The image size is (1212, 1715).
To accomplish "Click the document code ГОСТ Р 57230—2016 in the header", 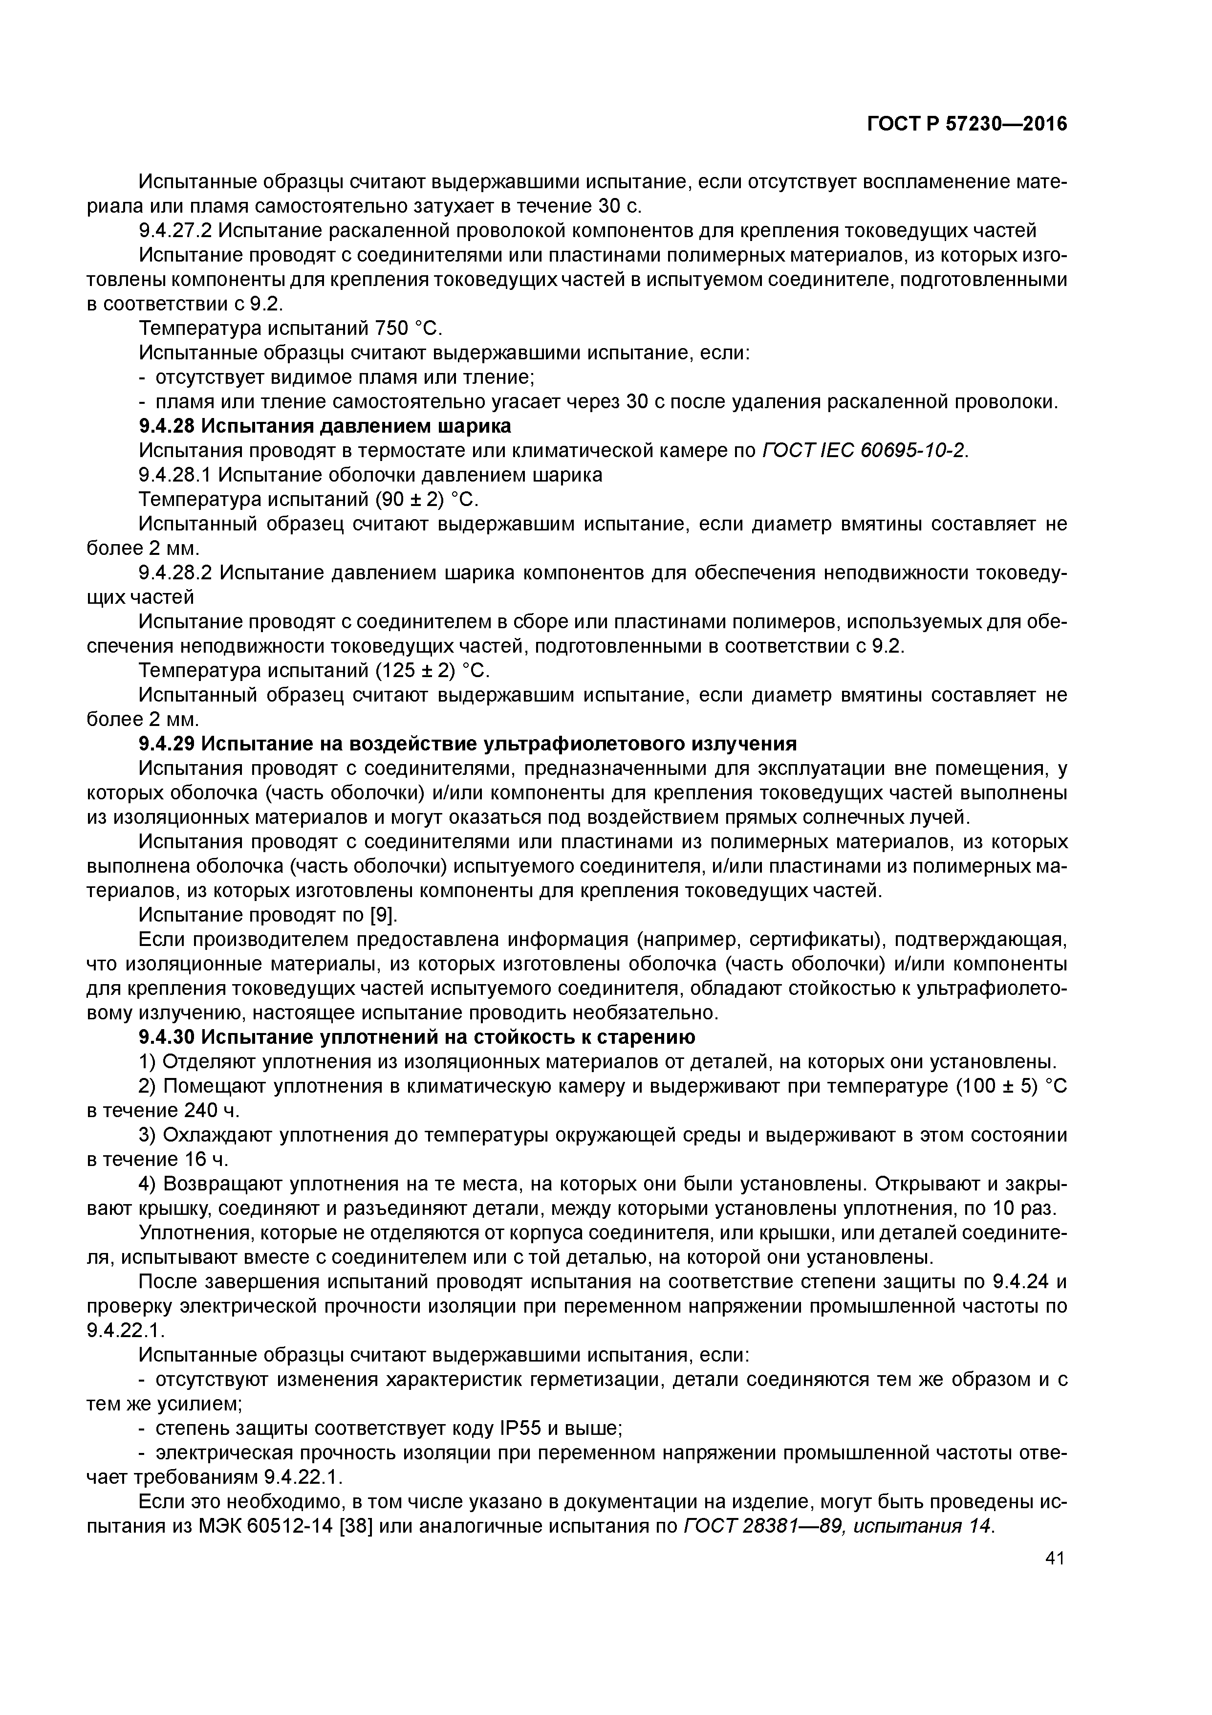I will (967, 124).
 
